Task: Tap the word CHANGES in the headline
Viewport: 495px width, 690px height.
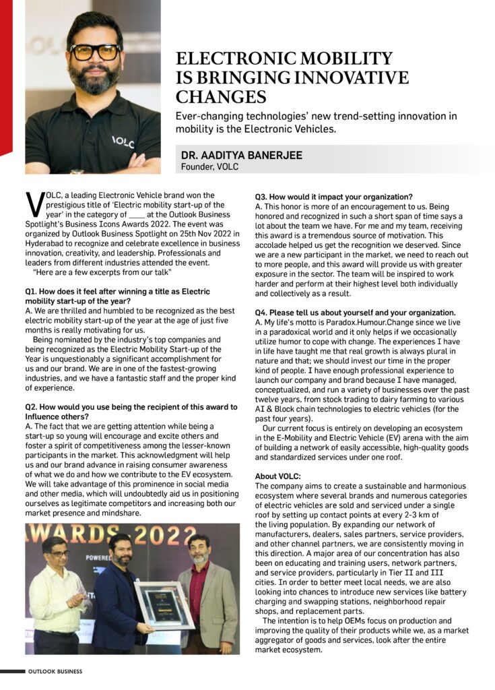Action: coord(221,96)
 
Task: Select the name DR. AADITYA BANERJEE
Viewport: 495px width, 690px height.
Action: coord(241,156)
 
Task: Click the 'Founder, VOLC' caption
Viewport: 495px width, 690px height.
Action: coord(209,167)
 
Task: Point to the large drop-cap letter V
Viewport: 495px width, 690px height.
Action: coord(34,205)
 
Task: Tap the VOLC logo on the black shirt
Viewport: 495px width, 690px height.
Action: coord(123,142)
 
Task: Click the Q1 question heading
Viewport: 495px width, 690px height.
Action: coord(118,296)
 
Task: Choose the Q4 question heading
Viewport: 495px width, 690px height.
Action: coord(355,313)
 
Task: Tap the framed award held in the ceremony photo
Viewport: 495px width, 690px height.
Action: coord(164,605)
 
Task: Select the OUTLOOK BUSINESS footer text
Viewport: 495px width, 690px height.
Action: coord(55,672)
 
